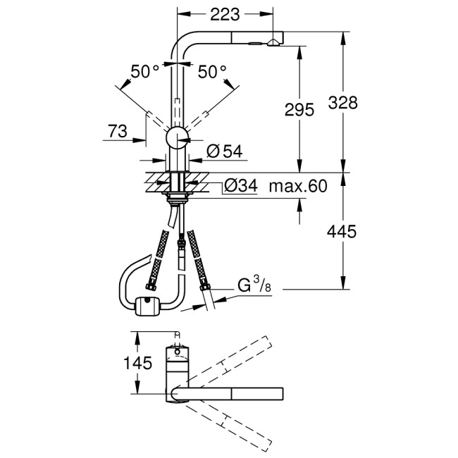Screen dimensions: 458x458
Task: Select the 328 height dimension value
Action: click(x=343, y=102)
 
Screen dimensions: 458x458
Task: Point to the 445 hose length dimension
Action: click(x=343, y=232)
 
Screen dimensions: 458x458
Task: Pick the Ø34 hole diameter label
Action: click(x=240, y=187)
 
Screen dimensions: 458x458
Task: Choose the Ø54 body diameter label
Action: click(x=223, y=150)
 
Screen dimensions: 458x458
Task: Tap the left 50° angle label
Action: click(x=145, y=71)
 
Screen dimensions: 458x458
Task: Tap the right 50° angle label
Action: click(x=212, y=71)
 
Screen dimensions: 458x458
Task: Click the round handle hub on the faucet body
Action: click(x=177, y=137)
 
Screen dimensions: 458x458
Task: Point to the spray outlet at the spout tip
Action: click(x=271, y=44)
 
